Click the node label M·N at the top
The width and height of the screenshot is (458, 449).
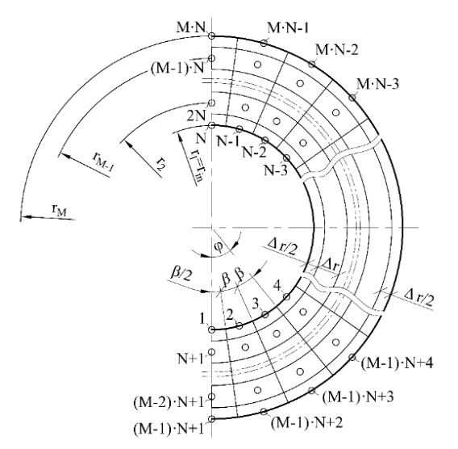click(191, 27)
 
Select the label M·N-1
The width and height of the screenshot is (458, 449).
click(288, 28)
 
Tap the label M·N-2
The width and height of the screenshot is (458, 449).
click(336, 50)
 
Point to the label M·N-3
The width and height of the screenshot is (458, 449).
click(377, 84)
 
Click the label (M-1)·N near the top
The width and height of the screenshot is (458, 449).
click(177, 69)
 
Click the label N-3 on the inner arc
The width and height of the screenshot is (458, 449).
click(276, 170)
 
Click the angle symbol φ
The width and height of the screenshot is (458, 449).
click(219, 246)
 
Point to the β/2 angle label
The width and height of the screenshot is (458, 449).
click(181, 274)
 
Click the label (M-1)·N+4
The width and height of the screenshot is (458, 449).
click(398, 363)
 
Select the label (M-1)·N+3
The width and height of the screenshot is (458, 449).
click(358, 397)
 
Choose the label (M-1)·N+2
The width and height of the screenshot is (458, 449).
click(307, 422)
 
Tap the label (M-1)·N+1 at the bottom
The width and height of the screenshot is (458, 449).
click(169, 429)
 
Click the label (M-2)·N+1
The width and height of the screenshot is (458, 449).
click(169, 402)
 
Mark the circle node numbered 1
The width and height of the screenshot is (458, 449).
click(211, 330)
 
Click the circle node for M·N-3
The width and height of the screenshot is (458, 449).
click(352, 98)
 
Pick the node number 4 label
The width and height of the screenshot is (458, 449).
click(277, 286)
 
